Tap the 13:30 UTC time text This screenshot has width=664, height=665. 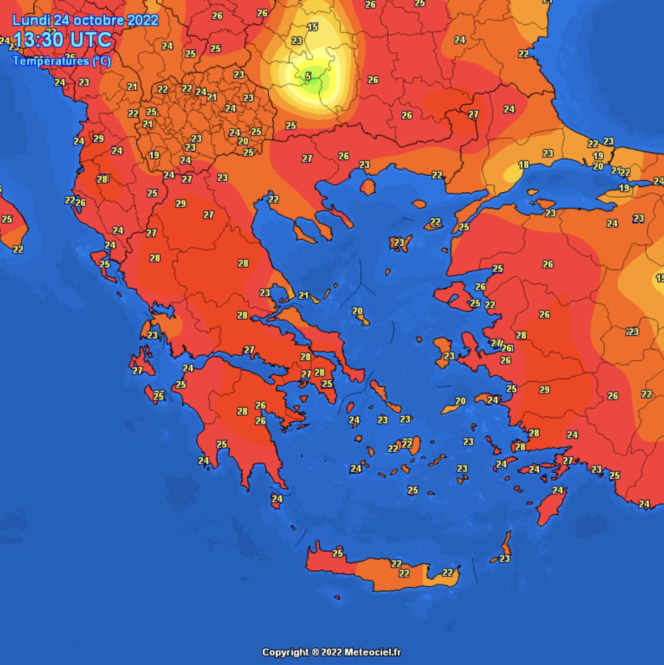[x=63, y=40]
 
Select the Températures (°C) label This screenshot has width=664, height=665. [x=62, y=61]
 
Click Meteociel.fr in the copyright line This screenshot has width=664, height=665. [x=371, y=652]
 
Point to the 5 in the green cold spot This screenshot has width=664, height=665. [x=309, y=75]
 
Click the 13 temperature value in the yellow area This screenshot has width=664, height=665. [x=313, y=27]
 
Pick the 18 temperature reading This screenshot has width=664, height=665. [x=523, y=165]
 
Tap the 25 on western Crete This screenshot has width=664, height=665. [x=338, y=553]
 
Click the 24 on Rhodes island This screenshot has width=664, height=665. [x=558, y=490]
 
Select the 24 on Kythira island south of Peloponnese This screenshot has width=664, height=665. [x=277, y=499]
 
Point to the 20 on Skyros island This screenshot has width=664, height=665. [x=357, y=311]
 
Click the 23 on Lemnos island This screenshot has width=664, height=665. [x=399, y=243]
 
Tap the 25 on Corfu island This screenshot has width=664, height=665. [x=105, y=264]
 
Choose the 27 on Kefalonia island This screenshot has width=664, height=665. [x=137, y=371]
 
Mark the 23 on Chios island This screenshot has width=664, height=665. [x=449, y=356]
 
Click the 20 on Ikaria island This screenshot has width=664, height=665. [x=461, y=401]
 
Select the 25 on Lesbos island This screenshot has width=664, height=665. [x=475, y=303]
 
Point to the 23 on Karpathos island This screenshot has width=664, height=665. [x=504, y=559]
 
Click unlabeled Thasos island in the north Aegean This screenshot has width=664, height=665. [x=367, y=187]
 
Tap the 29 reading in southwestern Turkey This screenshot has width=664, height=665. [x=544, y=390]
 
